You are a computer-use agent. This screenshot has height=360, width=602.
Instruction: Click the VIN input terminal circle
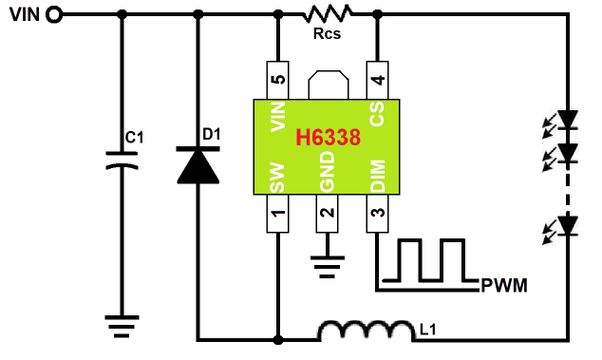tap(54, 15)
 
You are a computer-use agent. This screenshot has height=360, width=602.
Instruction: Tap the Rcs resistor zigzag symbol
tap(327, 13)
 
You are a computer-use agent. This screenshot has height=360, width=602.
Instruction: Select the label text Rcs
tap(327, 34)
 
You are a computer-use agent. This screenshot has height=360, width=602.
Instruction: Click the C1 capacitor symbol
tap(122, 161)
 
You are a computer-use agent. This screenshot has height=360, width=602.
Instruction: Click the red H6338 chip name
tap(329, 137)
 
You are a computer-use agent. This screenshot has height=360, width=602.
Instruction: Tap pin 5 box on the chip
tap(278, 80)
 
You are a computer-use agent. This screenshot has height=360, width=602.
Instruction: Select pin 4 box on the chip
tap(378, 80)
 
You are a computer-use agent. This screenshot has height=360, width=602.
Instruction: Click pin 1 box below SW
tap(277, 214)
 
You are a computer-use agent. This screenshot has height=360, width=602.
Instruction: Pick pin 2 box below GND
tap(327, 214)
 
